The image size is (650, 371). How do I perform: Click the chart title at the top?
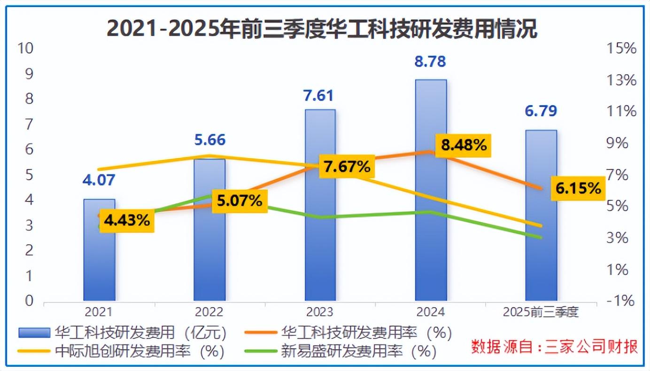pos(322,29)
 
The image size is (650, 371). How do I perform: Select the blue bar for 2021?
pos(99,263)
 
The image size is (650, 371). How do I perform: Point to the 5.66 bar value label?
pos(210,140)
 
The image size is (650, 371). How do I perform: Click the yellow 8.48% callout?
pos(463,146)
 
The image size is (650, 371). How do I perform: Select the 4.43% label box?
pos(127,220)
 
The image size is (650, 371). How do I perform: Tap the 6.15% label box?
pos(578,188)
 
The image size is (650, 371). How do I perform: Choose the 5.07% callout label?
pos(240,201)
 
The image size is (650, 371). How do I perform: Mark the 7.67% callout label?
pos(348,166)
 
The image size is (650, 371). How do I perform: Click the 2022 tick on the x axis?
pos(210,312)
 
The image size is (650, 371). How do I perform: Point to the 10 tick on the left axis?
pos(26,48)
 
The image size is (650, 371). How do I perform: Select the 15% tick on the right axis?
pos(621,48)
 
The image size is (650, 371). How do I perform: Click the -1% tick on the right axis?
pos(621,301)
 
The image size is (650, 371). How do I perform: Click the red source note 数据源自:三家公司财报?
pos(554,347)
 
